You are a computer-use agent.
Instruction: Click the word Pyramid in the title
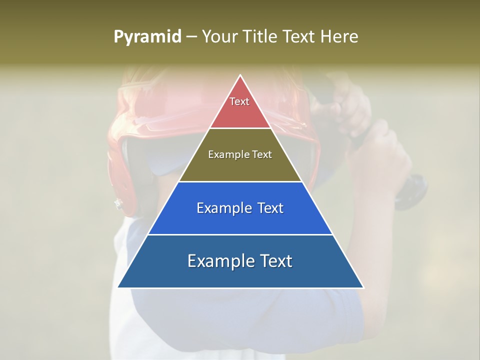click(147, 37)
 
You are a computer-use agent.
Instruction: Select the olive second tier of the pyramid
click(240, 167)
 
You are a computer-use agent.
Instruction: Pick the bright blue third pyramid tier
click(240, 220)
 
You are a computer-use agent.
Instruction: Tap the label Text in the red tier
click(239, 101)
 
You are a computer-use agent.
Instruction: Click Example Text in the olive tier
click(240, 154)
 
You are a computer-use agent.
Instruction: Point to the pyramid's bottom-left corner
click(118, 287)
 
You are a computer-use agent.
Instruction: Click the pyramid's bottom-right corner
click(363, 287)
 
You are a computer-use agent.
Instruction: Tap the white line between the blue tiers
click(240, 234)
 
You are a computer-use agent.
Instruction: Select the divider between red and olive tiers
click(240, 128)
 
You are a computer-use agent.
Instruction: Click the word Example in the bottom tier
click(216, 261)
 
